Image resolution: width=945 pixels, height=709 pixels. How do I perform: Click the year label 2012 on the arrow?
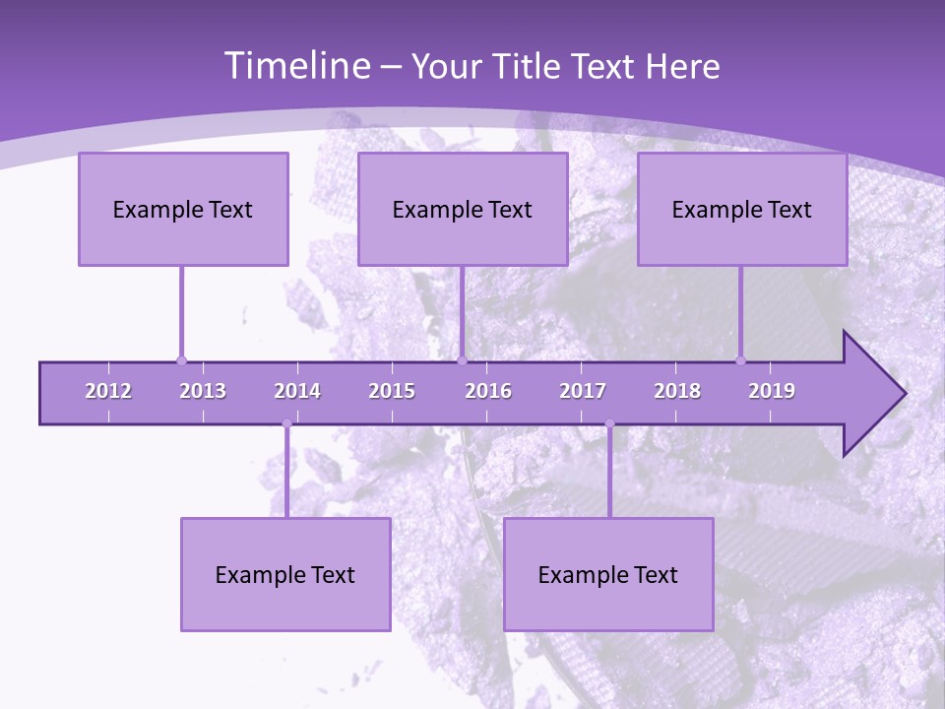point(108,391)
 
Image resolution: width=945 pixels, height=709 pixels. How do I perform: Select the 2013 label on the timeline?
point(203,391)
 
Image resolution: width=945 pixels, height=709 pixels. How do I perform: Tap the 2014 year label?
point(297,391)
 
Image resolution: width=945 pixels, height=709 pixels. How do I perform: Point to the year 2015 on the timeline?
point(392,391)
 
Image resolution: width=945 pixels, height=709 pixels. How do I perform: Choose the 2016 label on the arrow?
point(488,391)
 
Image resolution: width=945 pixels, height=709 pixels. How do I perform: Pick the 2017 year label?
point(583,391)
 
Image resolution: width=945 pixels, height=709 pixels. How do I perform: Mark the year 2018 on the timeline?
point(677,391)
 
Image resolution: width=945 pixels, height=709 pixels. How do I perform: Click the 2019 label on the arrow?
point(772,391)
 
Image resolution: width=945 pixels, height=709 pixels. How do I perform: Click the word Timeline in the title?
point(295,66)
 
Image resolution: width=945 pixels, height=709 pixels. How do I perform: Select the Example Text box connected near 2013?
point(183,209)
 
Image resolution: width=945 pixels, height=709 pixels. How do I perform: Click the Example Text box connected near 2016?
point(463,209)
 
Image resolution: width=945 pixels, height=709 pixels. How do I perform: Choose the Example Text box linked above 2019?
point(742,209)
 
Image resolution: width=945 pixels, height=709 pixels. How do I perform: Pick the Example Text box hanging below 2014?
point(285,574)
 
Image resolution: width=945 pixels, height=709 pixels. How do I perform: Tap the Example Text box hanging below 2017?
point(608,574)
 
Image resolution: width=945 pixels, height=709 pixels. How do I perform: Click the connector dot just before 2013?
point(181,360)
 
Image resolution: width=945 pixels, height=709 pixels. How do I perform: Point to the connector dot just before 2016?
point(463,360)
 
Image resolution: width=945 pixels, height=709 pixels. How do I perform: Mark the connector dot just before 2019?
point(741,360)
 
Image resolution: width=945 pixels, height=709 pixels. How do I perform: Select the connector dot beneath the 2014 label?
point(286,424)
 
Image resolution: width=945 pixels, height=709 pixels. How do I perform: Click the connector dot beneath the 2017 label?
point(609,424)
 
